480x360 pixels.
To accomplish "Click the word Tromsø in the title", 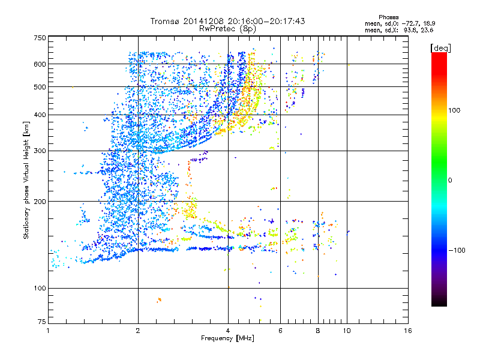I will click(167, 20).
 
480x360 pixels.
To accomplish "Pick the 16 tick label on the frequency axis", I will click(407, 331).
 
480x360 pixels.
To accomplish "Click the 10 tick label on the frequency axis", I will click(346, 331).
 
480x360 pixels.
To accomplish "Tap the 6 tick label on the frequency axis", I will click(280, 331).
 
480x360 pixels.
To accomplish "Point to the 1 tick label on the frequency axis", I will click(48, 331).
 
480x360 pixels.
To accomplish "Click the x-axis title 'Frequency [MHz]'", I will click(227, 339).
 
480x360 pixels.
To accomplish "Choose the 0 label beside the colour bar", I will click(450, 180).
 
